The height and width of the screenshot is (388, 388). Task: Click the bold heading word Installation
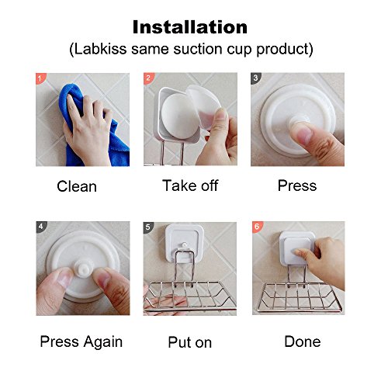tap(190, 27)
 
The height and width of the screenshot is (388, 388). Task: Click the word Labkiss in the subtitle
tap(100, 49)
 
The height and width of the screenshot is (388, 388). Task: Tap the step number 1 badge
tap(40, 78)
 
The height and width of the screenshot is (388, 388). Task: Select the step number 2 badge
tap(148, 78)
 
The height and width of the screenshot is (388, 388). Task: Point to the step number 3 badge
tap(255, 78)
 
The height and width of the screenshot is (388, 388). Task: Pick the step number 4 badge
tap(40, 227)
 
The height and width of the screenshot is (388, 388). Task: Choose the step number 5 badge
tap(147, 227)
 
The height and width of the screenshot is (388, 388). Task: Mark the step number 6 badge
tap(257, 227)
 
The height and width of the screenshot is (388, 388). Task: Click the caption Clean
tap(77, 186)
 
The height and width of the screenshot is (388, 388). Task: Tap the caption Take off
tap(190, 185)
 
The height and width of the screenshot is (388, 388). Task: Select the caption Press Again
tap(81, 342)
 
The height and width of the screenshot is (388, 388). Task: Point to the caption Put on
tap(190, 342)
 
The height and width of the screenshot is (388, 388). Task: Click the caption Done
tap(303, 341)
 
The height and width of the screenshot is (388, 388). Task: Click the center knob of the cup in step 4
tap(81, 267)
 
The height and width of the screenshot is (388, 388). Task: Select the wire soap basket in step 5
tap(190, 296)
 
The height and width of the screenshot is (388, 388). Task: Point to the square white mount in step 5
tap(185, 242)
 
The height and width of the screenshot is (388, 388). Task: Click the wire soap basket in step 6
tap(300, 297)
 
